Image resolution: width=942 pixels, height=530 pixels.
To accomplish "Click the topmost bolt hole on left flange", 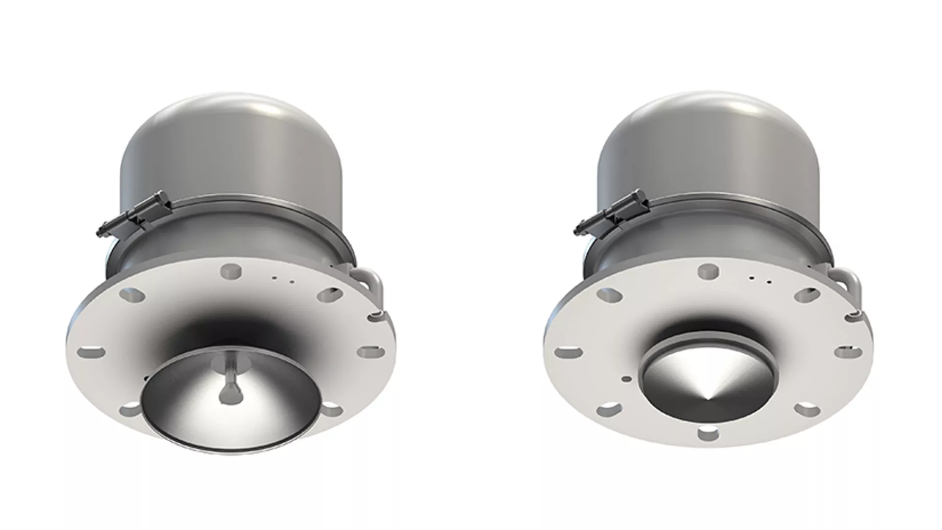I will click(231, 270).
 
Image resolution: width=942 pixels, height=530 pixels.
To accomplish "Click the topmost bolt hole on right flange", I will click(707, 269).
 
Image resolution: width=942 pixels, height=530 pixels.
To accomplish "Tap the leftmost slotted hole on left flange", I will click(92, 352).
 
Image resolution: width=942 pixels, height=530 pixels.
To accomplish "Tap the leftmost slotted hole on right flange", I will click(568, 352).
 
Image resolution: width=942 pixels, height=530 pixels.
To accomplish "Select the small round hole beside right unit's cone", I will click(627, 378).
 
